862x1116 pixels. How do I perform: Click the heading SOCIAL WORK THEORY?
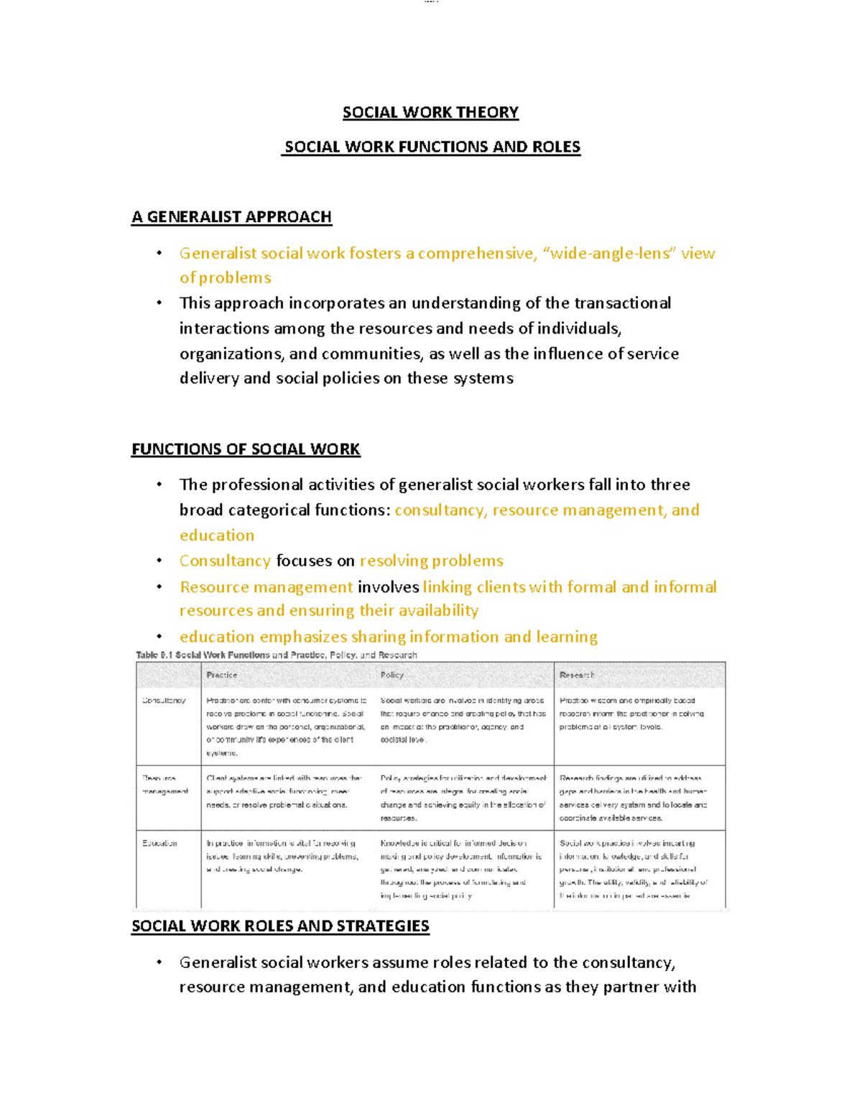pyautogui.click(x=430, y=112)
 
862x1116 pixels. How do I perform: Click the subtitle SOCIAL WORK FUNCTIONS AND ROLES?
pyautogui.click(x=432, y=147)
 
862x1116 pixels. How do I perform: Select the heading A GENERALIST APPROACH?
pyautogui.click(x=231, y=217)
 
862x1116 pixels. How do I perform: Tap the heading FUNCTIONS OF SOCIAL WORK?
pyautogui.click(x=246, y=449)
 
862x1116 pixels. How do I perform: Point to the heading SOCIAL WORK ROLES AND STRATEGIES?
pyautogui.click(x=280, y=926)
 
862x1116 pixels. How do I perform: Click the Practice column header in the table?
pyautogui.click(x=221, y=675)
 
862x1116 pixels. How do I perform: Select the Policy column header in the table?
pyautogui.click(x=392, y=675)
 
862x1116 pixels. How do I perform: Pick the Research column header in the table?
pyautogui.click(x=577, y=675)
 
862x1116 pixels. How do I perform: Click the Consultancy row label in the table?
pyautogui.click(x=164, y=700)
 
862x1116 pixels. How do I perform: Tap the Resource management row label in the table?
pyautogui.click(x=165, y=785)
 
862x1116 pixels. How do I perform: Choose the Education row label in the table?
pyautogui.click(x=159, y=843)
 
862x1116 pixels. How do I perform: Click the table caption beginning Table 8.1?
pyautogui.click(x=277, y=655)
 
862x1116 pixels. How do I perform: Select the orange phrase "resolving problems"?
pyautogui.click(x=431, y=561)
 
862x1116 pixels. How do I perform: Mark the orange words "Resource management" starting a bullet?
pyautogui.click(x=266, y=587)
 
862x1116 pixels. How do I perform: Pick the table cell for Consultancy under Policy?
pyautogui.click(x=463, y=720)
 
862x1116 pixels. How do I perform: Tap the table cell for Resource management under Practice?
pyautogui.click(x=284, y=791)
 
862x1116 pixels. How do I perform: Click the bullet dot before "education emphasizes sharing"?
pyautogui.click(x=159, y=637)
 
